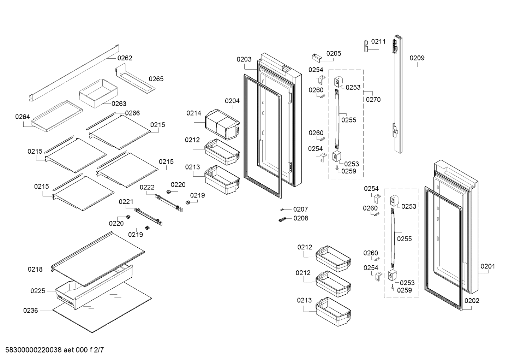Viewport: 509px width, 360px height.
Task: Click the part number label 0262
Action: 125,58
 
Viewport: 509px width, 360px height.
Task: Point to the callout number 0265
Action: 156,79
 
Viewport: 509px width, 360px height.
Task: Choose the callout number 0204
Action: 232,101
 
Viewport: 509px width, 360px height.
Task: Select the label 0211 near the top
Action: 378,42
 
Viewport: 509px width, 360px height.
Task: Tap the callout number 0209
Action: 417,58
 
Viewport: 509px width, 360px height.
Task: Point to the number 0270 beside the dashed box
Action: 373,100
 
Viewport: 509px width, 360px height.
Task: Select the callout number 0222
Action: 147,187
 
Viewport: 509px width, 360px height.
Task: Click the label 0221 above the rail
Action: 126,202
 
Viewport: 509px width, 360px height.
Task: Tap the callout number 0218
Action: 35,270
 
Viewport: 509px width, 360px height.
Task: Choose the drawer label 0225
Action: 38,291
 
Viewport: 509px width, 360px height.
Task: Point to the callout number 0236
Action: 31,311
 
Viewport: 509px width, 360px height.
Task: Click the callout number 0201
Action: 487,266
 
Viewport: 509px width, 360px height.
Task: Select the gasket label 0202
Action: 472,301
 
